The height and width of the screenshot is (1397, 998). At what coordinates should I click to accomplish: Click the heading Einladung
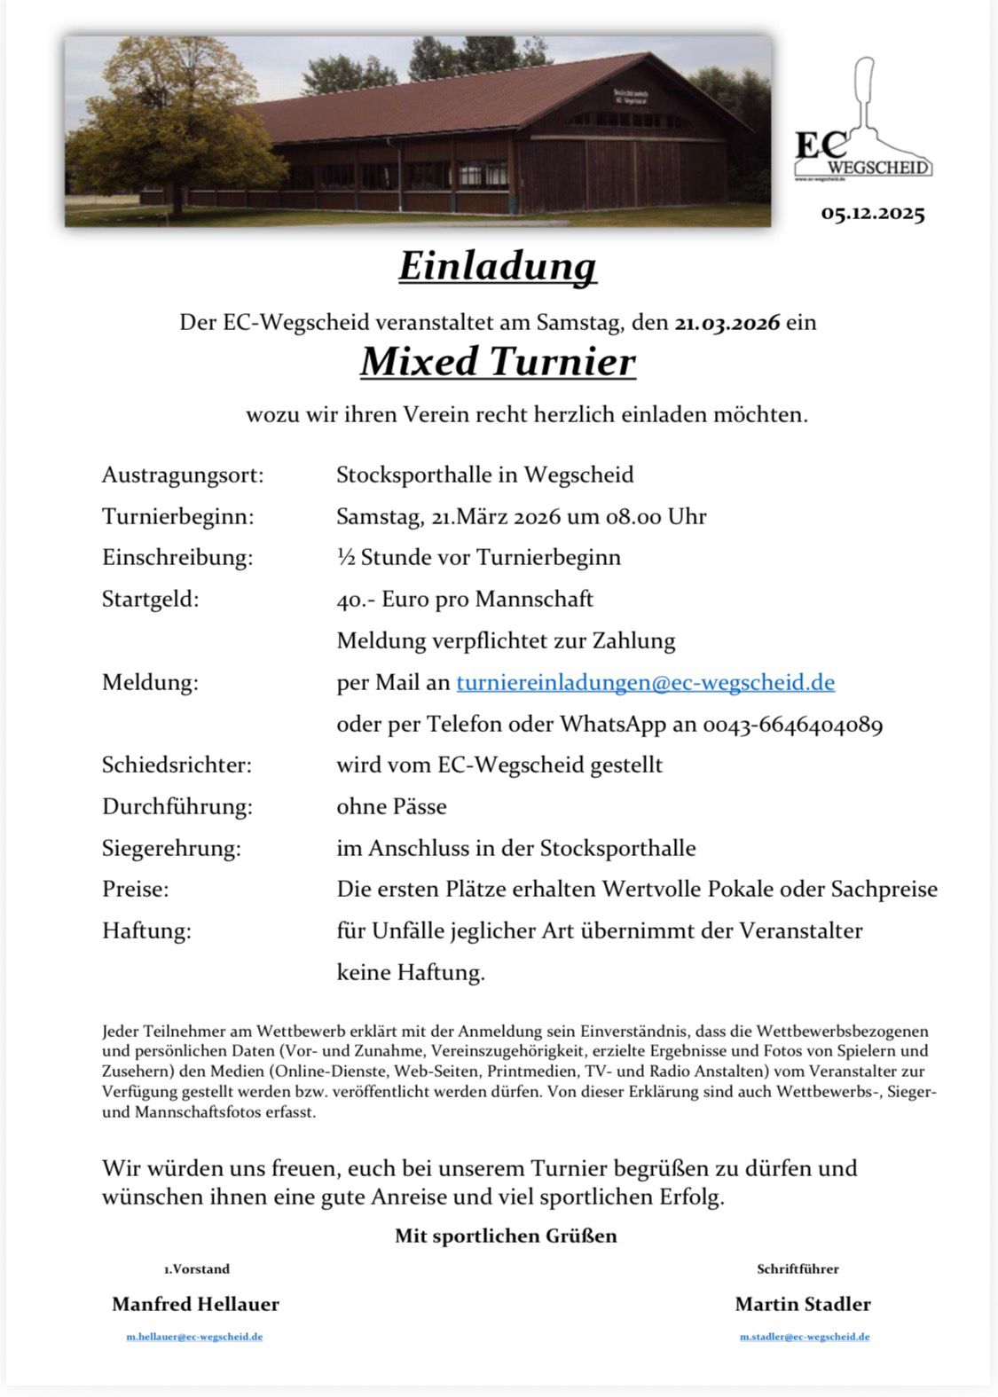coord(498,266)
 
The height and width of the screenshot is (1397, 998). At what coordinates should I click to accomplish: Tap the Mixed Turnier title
coord(498,362)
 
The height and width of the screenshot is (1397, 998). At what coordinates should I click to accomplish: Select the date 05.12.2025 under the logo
coord(873,214)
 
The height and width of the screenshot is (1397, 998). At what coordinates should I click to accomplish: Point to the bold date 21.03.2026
coord(727,322)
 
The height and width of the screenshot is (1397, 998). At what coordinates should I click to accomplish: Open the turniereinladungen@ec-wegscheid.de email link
coord(645,682)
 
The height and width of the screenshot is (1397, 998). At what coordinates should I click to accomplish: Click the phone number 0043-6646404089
coord(792,725)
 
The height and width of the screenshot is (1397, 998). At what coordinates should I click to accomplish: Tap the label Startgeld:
coord(151,599)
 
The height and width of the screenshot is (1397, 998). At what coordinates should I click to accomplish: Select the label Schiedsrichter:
coord(177,765)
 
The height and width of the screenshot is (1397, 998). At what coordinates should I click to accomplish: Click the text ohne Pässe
coord(391,806)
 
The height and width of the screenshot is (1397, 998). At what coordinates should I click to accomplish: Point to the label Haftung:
coord(146,930)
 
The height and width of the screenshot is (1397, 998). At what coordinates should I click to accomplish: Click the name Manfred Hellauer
coord(195,1304)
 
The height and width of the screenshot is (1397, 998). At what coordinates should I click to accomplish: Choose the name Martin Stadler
coord(803,1304)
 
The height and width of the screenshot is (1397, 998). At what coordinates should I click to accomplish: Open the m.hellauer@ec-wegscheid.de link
coord(194,1337)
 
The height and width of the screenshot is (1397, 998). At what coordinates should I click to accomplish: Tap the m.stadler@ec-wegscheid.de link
coord(805,1337)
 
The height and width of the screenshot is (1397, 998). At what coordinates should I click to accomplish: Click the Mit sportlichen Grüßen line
coord(506,1236)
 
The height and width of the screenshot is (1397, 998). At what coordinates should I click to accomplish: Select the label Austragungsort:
coord(183,475)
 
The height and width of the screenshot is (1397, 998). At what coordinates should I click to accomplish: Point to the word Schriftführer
coord(798,1269)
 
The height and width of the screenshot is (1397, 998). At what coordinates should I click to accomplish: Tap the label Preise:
coord(135,889)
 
